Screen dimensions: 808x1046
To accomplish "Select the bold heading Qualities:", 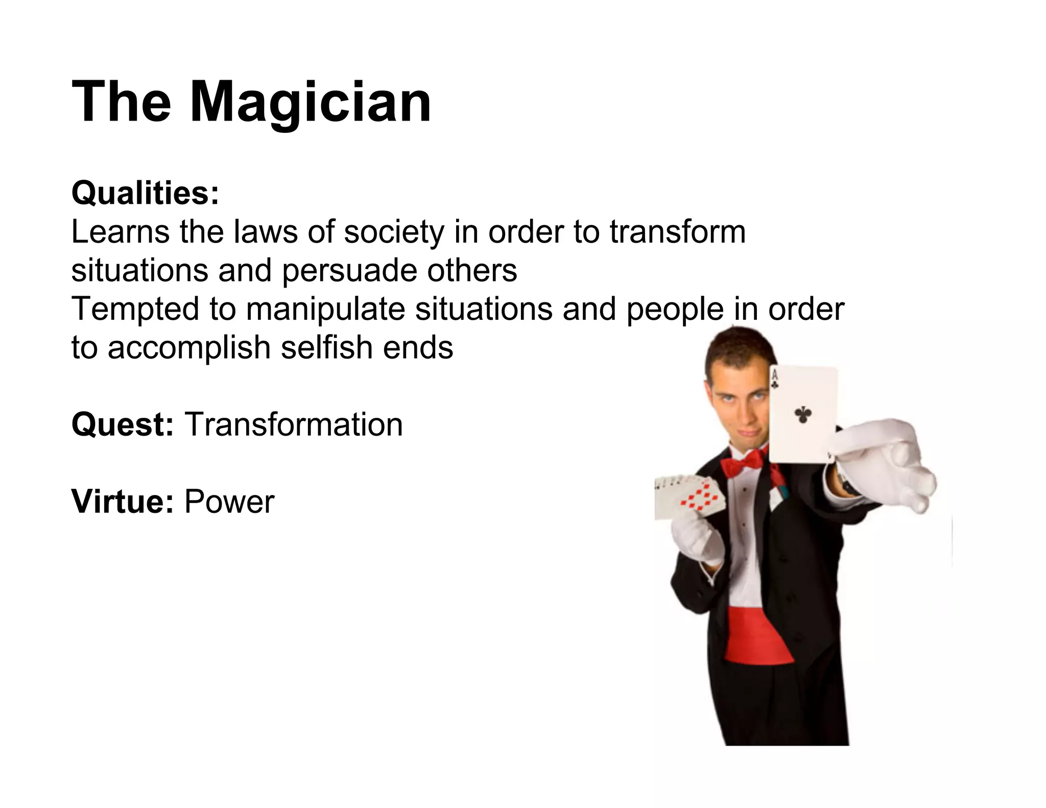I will point(145,194).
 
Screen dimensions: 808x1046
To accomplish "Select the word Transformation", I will point(294,424).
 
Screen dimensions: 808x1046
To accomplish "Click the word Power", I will point(229,502).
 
